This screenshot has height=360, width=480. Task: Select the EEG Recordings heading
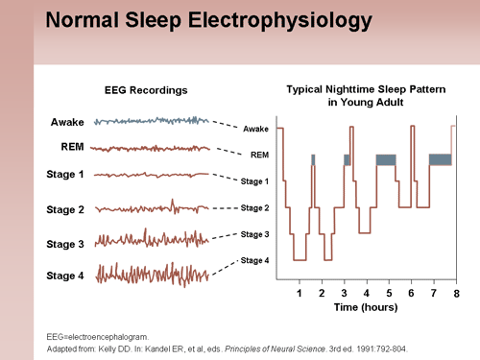(x=145, y=90)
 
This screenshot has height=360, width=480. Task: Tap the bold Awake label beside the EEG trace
(x=67, y=122)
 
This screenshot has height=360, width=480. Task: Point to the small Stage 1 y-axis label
(x=254, y=181)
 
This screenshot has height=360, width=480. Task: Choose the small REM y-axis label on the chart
(x=259, y=155)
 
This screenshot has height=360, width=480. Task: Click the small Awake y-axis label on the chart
(x=256, y=129)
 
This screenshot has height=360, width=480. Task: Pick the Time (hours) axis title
(x=366, y=308)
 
